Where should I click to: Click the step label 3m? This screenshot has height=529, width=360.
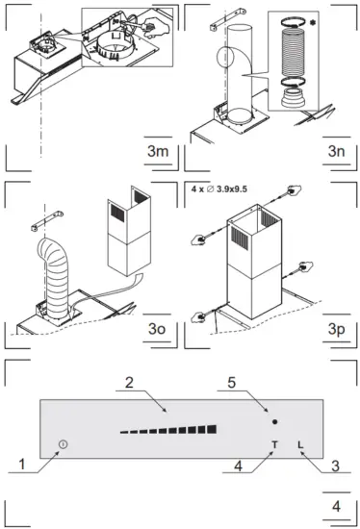157,154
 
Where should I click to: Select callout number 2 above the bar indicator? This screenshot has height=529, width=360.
128,383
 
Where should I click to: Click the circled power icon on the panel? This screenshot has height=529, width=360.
63,444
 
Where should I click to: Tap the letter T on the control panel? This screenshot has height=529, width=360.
275,445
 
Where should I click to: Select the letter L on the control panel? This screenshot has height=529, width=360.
301,445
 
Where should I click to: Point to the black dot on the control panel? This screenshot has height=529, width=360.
275,422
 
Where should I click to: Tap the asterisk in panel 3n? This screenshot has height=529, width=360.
338,20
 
